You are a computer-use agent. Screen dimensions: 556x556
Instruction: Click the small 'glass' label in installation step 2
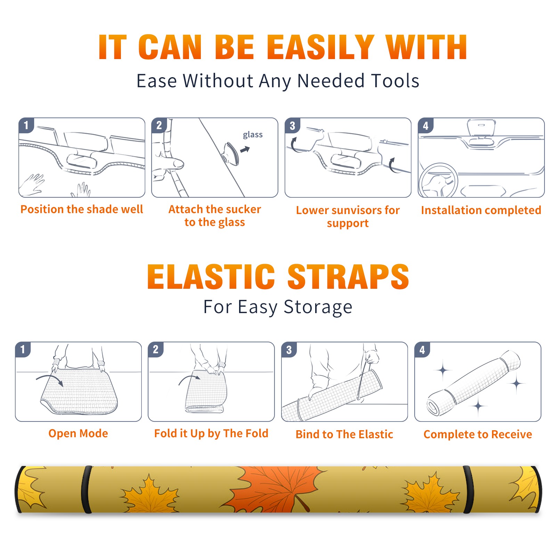click(x=253, y=135)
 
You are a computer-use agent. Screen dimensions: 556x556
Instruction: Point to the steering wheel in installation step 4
click(x=438, y=181)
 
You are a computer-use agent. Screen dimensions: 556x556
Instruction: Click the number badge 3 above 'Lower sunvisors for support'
click(x=292, y=125)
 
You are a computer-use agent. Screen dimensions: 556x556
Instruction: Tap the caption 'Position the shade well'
click(x=82, y=209)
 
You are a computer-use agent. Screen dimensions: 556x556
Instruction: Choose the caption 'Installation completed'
click(x=481, y=210)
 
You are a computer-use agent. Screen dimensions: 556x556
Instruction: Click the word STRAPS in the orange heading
click(x=348, y=277)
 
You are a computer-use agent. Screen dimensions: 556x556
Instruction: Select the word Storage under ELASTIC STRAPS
click(x=318, y=307)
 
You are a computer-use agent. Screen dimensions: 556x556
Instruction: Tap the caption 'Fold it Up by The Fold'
click(x=211, y=433)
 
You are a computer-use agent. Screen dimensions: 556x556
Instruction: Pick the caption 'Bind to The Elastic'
click(x=344, y=434)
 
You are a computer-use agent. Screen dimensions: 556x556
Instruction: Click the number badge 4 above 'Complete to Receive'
click(x=422, y=350)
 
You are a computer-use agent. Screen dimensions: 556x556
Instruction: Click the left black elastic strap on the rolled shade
click(x=87, y=490)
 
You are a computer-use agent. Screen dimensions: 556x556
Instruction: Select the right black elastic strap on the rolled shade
click(x=468, y=490)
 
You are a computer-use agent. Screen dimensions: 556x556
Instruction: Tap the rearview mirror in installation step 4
click(x=481, y=128)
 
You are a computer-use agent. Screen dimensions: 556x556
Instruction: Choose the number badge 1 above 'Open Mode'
click(x=23, y=350)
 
